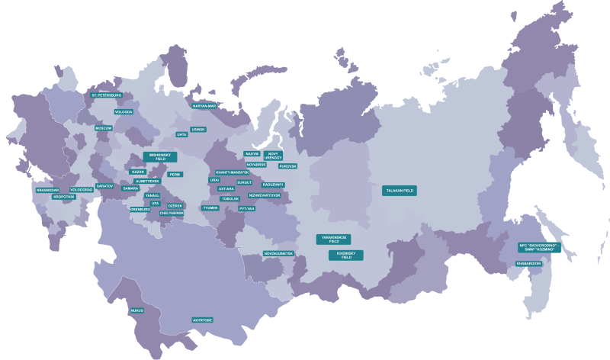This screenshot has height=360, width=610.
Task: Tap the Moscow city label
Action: (x=103, y=128)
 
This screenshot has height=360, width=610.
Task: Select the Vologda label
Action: (x=124, y=111)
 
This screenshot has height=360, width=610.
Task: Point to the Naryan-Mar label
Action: (x=205, y=105)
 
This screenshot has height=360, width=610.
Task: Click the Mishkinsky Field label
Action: (x=160, y=156)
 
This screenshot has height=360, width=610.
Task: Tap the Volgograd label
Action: (x=81, y=189)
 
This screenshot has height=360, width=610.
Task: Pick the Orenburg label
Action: (x=140, y=208)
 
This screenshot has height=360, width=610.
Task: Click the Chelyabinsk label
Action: (x=172, y=214)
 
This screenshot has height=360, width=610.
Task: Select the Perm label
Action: (x=175, y=174)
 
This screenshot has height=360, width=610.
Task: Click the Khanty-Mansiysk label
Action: (x=233, y=172)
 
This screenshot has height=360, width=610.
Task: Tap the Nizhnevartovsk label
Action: (x=265, y=195)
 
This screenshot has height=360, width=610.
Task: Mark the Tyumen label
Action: (x=210, y=207)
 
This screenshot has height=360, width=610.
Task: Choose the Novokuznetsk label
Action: (x=278, y=252)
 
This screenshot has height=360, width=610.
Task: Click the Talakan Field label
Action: (x=400, y=191)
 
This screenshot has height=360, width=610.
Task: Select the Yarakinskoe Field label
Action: (x=332, y=239)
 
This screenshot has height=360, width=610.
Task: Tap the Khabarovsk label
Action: (x=528, y=264)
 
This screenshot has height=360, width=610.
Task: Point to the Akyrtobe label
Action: (x=202, y=320)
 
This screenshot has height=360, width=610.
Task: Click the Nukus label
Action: (x=136, y=310)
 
